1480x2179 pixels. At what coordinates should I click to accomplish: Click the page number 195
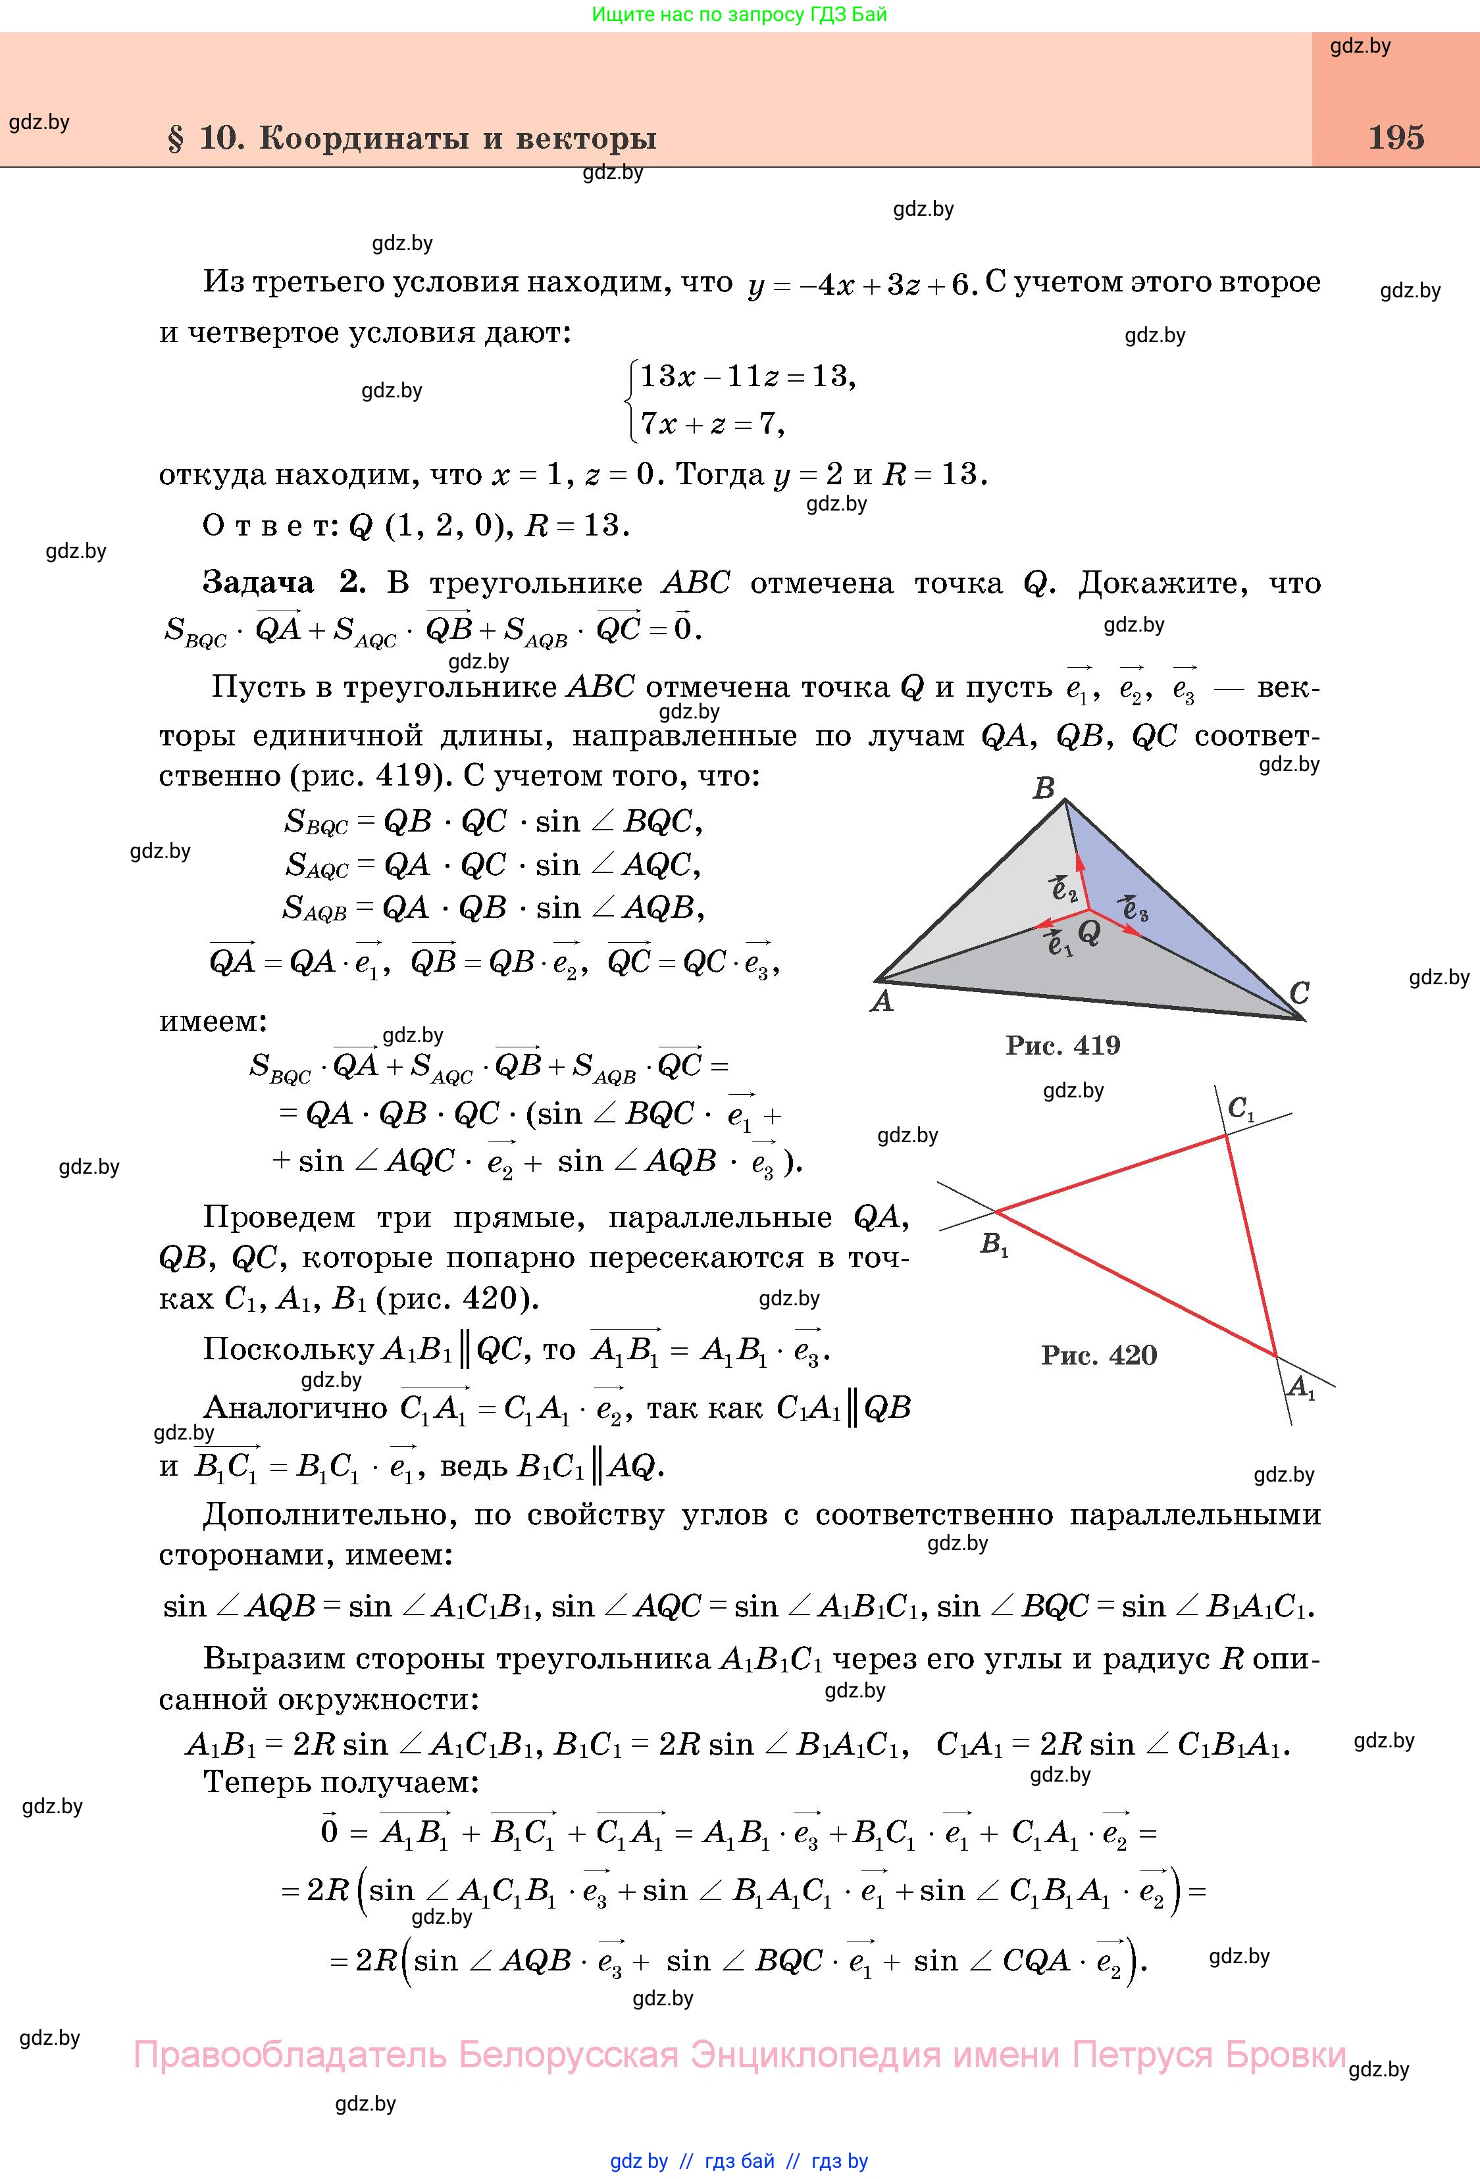point(1396,138)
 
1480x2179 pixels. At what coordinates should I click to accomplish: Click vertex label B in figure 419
point(1043,789)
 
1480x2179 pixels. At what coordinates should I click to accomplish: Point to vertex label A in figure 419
point(882,1002)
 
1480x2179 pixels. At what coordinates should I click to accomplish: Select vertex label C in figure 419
point(1299,993)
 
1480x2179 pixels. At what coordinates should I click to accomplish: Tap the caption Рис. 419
point(1063,1045)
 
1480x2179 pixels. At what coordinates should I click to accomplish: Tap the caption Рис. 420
point(1098,1355)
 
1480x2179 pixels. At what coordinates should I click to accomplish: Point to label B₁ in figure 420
point(993,1245)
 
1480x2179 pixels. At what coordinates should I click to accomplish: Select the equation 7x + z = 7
point(712,425)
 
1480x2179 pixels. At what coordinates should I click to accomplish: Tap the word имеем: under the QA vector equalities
point(214,1021)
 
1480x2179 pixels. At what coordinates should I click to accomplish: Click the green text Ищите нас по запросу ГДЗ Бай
point(739,14)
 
